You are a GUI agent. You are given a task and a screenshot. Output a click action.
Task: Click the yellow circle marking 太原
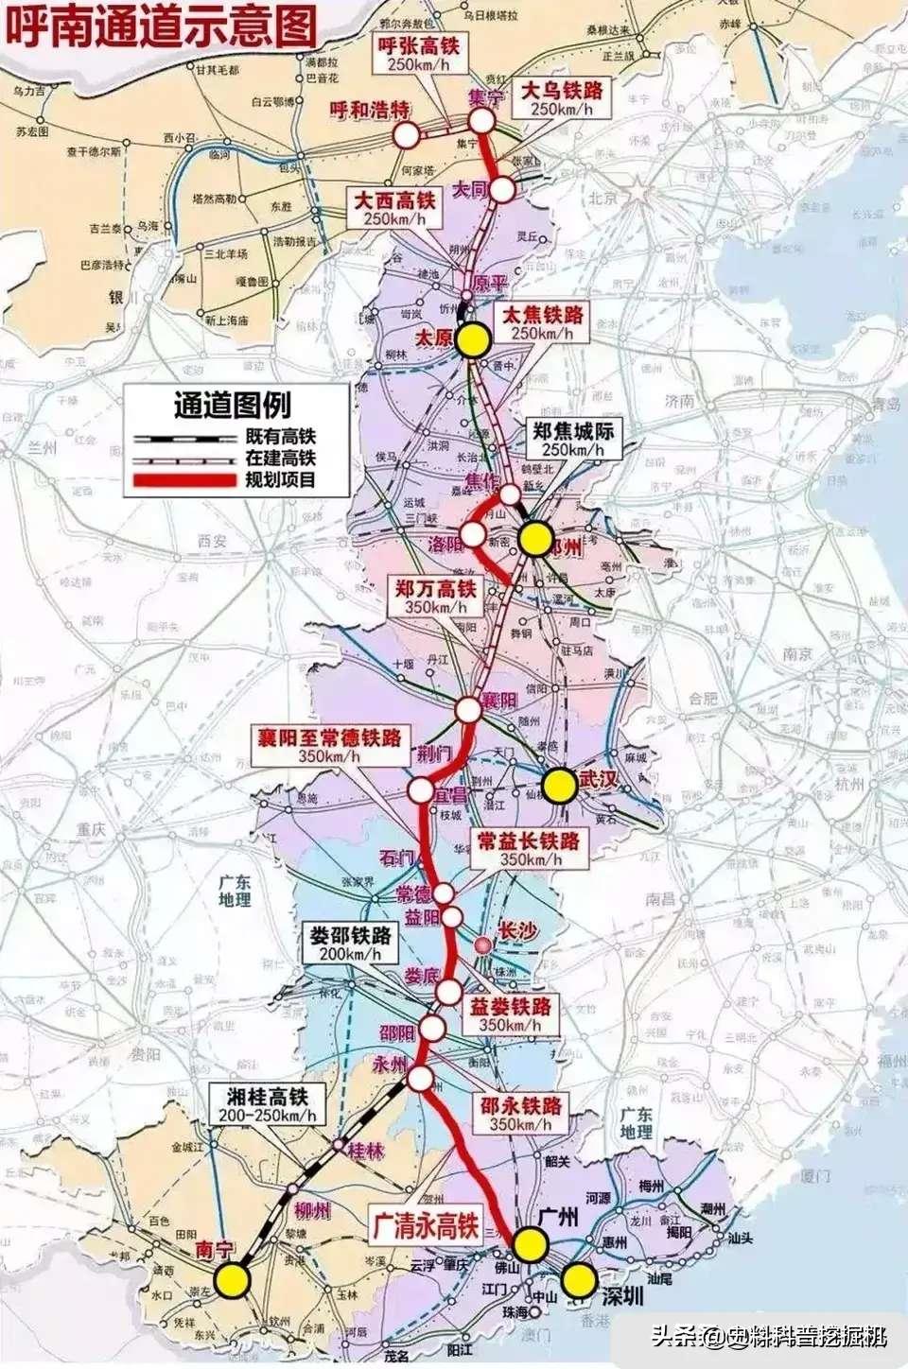(x=472, y=339)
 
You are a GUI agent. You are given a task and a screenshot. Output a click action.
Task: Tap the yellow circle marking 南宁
(x=231, y=1280)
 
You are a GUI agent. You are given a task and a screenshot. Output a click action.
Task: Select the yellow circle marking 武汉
(x=560, y=786)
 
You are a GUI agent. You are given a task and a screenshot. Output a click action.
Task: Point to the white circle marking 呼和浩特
(x=407, y=135)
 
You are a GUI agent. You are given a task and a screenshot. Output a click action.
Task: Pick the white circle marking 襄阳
(x=469, y=709)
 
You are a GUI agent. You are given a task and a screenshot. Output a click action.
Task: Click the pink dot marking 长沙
(x=483, y=944)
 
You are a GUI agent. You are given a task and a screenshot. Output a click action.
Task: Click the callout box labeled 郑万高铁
(x=436, y=597)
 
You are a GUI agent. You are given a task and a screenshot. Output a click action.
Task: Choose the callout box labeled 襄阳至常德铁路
(x=330, y=745)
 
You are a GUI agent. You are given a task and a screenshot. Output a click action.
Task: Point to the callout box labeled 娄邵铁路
(x=351, y=944)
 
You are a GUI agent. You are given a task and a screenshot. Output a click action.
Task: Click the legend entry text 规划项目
(x=280, y=480)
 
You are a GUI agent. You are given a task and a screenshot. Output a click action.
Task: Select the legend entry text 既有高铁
(x=280, y=437)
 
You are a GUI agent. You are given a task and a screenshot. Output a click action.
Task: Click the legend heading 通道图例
(x=233, y=405)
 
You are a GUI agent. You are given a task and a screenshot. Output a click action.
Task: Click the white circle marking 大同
(x=501, y=189)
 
